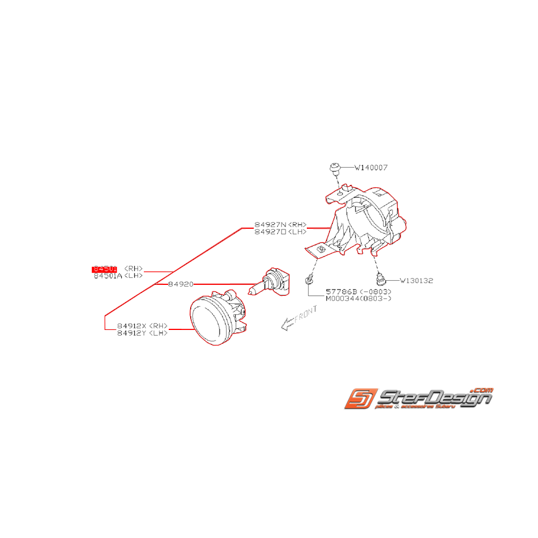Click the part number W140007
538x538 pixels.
click(x=370, y=168)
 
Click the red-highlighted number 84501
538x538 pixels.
click(x=105, y=269)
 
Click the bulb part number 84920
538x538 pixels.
click(x=181, y=284)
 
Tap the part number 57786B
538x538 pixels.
click(x=341, y=292)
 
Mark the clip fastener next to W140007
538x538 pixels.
click(x=333, y=169)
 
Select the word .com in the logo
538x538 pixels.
click(x=481, y=391)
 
